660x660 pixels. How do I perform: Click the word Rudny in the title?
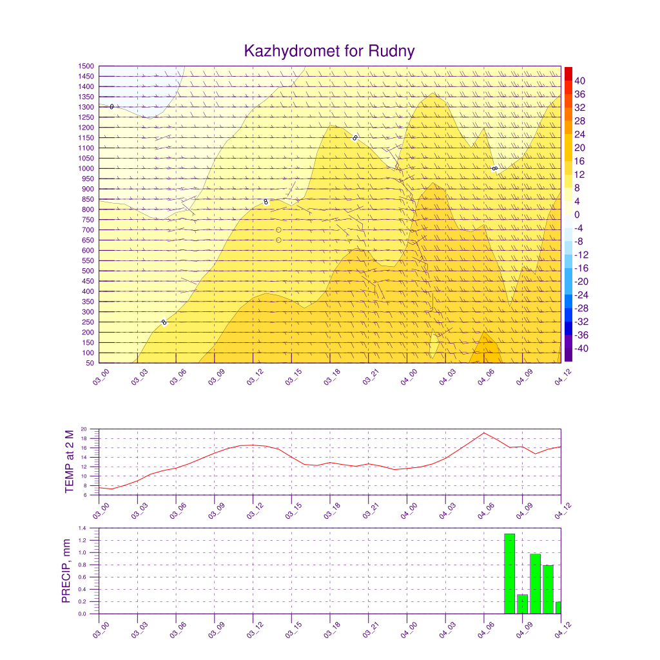coord(391,52)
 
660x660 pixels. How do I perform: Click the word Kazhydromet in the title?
coord(292,52)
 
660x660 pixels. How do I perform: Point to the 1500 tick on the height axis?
coord(86,66)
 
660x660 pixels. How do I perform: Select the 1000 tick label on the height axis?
coord(86,168)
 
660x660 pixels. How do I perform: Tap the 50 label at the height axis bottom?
coord(90,363)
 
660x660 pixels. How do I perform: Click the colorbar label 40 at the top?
coord(579,81)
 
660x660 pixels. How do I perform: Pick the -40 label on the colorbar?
coord(581,349)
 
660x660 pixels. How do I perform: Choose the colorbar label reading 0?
coord(577,215)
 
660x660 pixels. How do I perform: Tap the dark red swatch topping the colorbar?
coord(568,73)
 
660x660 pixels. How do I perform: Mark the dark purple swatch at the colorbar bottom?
coord(568,355)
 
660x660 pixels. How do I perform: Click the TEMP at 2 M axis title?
coord(70,461)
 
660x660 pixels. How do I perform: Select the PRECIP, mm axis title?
coord(66,571)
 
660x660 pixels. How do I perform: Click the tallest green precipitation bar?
coord(509,574)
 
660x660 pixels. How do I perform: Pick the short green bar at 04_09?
coord(522,604)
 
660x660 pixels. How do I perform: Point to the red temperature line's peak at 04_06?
coord(484,432)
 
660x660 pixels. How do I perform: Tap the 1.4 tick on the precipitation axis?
coord(82,528)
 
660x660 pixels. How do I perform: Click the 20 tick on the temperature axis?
coord(84,429)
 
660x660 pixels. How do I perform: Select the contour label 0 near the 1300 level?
coord(112,107)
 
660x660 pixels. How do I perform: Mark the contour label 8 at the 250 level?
coord(164,322)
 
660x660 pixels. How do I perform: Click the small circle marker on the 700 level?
coord(278,230)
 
